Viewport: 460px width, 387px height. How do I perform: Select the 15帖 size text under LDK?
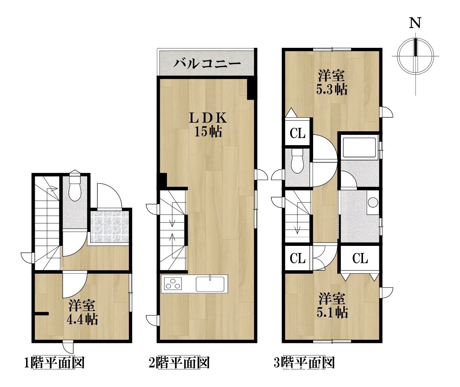(x=208, y=132)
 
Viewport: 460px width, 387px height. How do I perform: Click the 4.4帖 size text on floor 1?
(x=82, y=319)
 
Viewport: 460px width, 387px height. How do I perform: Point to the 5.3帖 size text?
(x=332, y=89)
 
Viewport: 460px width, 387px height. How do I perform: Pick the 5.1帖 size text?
(x=332, y=312)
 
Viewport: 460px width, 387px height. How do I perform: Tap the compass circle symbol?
(x=416, y=56)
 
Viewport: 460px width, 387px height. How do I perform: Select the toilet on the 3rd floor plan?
(x=298, y=160)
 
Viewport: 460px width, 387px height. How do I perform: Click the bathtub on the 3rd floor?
(x=359, y=147)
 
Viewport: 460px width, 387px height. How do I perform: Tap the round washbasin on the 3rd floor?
(x=373, y=202)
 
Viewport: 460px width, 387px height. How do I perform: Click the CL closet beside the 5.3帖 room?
(x=298, y=133)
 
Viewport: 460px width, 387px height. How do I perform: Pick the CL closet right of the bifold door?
(x=360, y=258)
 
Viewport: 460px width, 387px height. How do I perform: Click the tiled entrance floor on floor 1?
(x=110, y=227)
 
